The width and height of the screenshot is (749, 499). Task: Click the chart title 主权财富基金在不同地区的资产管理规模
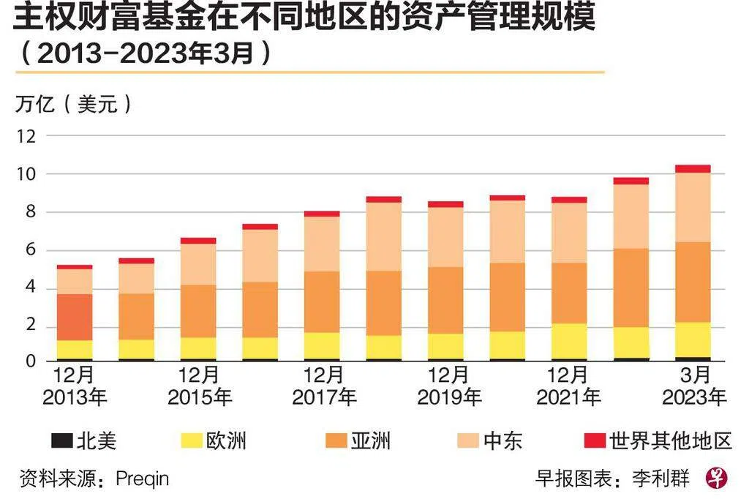304,18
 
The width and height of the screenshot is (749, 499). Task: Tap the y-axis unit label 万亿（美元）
74,104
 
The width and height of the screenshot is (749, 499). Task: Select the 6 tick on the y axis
31,250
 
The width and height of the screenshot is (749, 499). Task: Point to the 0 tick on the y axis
31,361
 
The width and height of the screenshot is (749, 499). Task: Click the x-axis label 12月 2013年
75,386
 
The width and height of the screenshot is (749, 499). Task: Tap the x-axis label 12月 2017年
323,386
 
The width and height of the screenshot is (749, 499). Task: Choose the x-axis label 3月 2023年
694,386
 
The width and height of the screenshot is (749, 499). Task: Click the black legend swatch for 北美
62,440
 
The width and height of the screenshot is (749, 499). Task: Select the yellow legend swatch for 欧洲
191,440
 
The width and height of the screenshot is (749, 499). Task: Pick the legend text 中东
503,440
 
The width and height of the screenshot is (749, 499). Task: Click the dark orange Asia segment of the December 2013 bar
75,317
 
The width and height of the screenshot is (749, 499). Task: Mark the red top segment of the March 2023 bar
693,168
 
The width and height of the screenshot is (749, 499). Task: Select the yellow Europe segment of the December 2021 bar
569,341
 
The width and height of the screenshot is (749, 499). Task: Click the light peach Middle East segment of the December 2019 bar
445,237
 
